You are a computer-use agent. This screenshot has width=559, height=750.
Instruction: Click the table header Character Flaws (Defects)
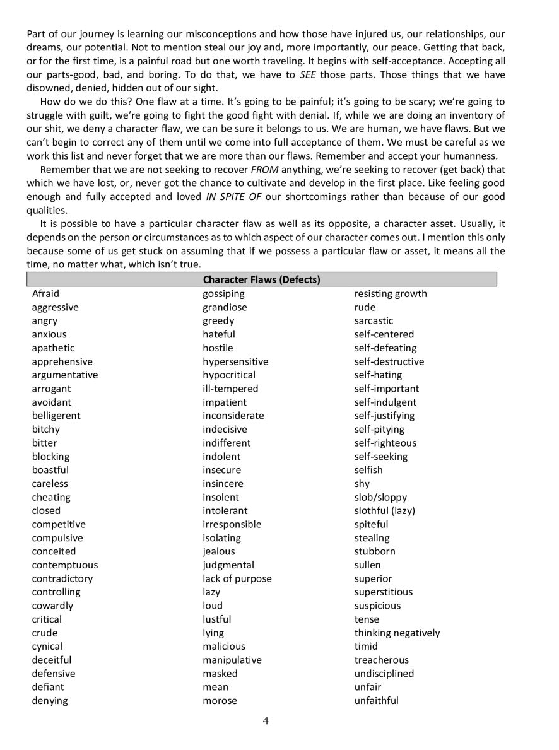pyautogui.click(x=261, y=279)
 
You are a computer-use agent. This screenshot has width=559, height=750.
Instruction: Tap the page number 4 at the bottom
pyautogui.click(x=267, y=721)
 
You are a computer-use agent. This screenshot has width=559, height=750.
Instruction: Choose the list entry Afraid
pyautogui.click(x=45, y=293)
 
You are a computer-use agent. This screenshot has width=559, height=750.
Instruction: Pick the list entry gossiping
pyautogui.click(x=223, y=294)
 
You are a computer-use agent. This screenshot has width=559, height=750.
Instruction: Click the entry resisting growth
pyautogui.click(x=391, y=294)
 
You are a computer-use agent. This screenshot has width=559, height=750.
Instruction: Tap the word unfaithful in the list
pyautogui.click(x=376, y=700)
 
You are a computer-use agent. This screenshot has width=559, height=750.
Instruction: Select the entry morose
pyautogui.click(x=220, y=701)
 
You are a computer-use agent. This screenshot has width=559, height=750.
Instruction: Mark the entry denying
pyautogui.click(x=50, y=701)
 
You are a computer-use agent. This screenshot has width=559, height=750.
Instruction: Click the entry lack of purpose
pyautogui.click(x=237, y=578)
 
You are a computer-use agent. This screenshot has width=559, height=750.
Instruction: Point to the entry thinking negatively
pyautogui.click(x=397, y=633)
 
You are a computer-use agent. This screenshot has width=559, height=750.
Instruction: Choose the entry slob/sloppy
pyautogui.click(x=380, y=497)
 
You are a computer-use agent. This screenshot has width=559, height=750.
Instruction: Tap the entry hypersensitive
pyautogui.click(x=235, y=361)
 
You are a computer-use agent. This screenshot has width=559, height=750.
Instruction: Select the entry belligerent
pyautogui.click(x=56, y=416)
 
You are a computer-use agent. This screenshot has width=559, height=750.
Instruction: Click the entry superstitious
pyautogui.click(x=383, y=592)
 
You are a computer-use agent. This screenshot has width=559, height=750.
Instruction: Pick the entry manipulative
pyautogui.click(x=232, y=660)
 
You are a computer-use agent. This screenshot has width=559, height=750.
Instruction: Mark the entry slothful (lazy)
pyautogui.click(x=384, y=510)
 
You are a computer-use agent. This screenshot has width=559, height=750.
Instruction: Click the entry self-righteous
pyautogui.click(x=385, y=443)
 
